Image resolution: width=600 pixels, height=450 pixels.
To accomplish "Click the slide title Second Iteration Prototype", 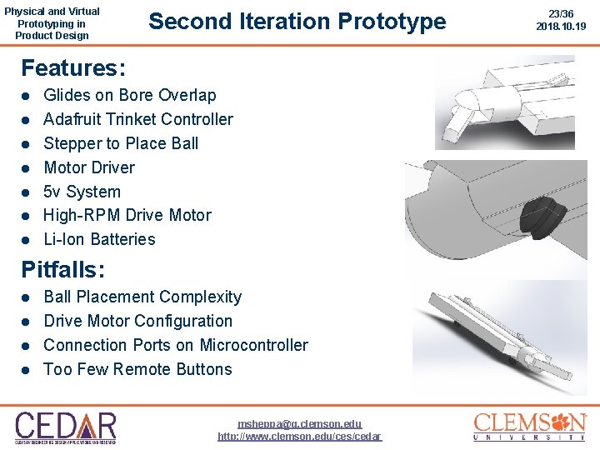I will coord(297,22).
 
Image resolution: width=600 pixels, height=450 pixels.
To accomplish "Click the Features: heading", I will coord(73,67).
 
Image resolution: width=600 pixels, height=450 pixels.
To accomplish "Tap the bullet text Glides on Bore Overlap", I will coord(129,95).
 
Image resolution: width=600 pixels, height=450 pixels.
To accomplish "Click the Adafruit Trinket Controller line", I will coord(137,119).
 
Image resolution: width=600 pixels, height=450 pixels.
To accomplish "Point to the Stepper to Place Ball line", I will coord(121,143).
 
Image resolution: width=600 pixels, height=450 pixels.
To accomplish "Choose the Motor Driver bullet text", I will coord(88,167).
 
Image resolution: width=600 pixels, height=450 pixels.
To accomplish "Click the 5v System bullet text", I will coord(82,192).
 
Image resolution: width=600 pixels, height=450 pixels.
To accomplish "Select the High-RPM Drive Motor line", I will coord(127,215).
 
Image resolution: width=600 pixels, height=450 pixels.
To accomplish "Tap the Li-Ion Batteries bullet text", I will coord(99,239).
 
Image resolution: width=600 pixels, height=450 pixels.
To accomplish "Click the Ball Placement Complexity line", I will coord(142,297).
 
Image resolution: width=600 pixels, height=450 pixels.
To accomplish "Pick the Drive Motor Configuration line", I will coord(137,321).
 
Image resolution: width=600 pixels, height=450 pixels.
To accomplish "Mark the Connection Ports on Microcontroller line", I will coord(175,345).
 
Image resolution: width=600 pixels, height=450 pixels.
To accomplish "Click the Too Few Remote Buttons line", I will coord(137,369).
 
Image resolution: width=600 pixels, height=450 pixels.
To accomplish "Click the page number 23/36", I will coord(561,13).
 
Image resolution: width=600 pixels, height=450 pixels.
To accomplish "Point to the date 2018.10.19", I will coord(561,27).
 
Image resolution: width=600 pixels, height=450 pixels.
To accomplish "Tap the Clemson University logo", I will coord(530,426).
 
